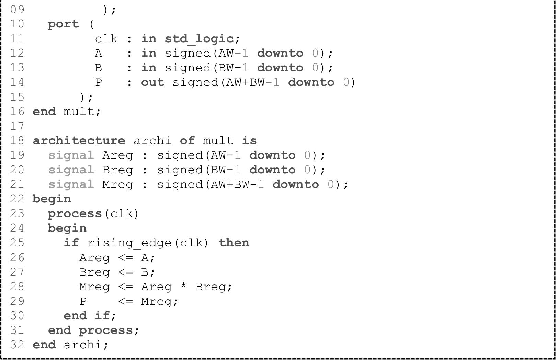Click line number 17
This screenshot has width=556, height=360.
tap(17, 126)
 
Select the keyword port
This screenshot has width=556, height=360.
tap(64, 24)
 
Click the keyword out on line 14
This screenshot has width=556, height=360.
tap(152, 82)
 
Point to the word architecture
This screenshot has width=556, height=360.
tap(79, 141)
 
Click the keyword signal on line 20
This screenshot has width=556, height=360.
tap(71, 170)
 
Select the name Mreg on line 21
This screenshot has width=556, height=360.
tap(117, 185)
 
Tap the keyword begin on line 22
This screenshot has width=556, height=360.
tap(52, 199)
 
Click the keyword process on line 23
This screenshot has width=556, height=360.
tap(75, 214)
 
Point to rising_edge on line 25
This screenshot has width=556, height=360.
tap(129, 243)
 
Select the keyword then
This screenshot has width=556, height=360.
tap(234, 243)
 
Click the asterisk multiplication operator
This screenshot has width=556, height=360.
tap(184, 286)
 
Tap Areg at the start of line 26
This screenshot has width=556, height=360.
tap(94, 258)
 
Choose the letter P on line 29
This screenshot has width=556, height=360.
tap(83, 301)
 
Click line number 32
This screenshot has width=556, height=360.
tap(17, 345)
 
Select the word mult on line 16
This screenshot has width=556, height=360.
tap(79, 112)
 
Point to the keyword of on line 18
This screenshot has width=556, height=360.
tap(187, 141)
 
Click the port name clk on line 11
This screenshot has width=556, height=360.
tap(106, 39)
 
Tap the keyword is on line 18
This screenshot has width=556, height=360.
tap(249, 141)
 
